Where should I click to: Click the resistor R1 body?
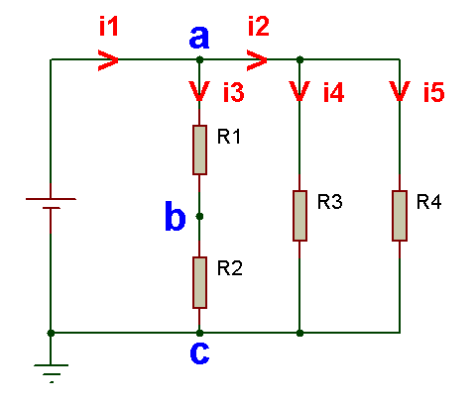pyautogui.click(x=199, y=150)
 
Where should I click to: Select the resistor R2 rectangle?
pyautogui.click(x=199, y=282)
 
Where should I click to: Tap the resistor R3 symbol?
pyautogui.click(x=299, y=216)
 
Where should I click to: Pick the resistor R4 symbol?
pyautogui.click(x=400, y=216)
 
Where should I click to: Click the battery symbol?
pyautogui.click(x=51, y=204)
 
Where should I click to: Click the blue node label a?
pyautogui.click(x=199, y=37)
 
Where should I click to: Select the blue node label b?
pyautogui.click(x=175, y=216)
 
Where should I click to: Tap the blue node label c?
pyautogui.click(x=199, y=352)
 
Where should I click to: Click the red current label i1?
pyautogui.click(x=109, y=27)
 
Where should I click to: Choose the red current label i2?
pyautogui.click(x=259, y=26)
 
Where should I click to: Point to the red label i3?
pyautogui.click(x=234, y=92)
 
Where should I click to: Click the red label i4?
pyautogui.click(x=333, y=92)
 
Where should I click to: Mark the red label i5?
pyautogui.click(x=434, y=92)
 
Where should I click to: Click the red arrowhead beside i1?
pyautogui.click(x=108, y=60)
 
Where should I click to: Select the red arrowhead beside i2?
pyautogui.click(x=257, y=60)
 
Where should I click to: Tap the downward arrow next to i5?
pyautogui.click(x=400, y=91)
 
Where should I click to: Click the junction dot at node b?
pyautogui.click(x=199, y=216)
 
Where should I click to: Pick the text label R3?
pyautogui.click(x=329, y=202)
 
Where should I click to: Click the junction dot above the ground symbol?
pyautogui.click(x=51, y=333)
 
